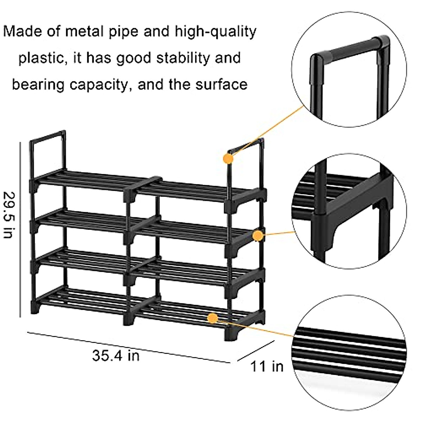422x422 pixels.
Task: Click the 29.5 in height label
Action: (x=8, y=214)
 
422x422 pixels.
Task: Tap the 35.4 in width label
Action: (x=116, y=356)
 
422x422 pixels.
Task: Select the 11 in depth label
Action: (x=267, y=366)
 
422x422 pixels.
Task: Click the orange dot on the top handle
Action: (x=228, y=159)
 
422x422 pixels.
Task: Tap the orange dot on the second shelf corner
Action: (x=258, y=236)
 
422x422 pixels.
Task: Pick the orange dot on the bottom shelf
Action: (x=212, y=318)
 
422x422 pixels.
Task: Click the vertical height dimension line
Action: (x=20, y=229)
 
